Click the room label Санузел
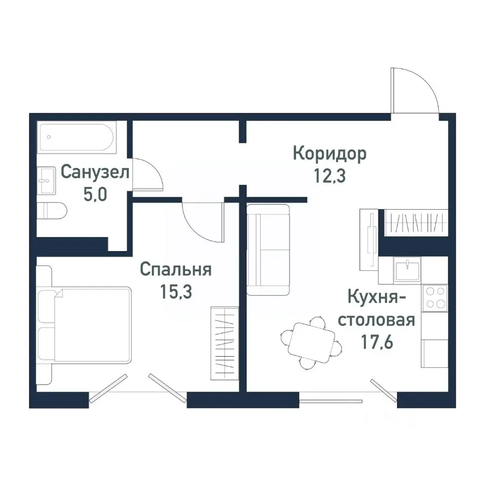click(x=95, y=172)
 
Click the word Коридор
click(x=330, y=153)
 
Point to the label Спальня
click(x=175, y=269)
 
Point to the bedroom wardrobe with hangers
click(x=224, y=342)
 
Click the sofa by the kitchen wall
click(x=268, y=250)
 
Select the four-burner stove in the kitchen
click(x=434, y=298)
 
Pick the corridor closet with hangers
click(x=416, y=223)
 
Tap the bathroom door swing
click(x=148, y=175)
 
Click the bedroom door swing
click(x=202, y=221)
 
